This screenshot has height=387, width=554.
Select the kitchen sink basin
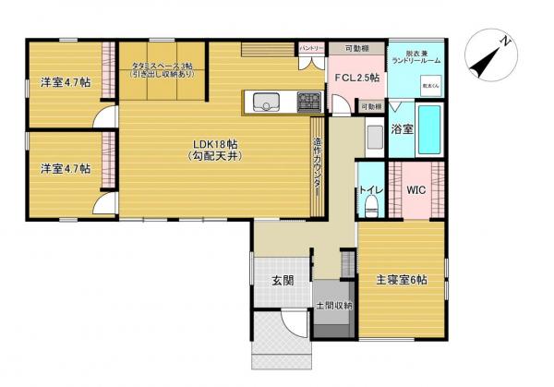(266, 102)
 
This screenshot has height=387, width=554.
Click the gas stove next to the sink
(307, 99)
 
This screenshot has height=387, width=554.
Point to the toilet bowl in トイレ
(370, 207)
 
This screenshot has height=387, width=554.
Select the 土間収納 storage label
(332, 305)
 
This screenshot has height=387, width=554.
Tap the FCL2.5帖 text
(356, 79)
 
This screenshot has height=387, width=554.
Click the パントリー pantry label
(311, 48)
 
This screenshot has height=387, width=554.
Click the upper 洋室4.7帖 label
(65, 83)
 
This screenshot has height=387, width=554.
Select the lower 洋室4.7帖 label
(65, 169)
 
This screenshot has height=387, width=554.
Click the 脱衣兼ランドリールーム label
(414, 56)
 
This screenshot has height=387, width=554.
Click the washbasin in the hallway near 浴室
(373, 139)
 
